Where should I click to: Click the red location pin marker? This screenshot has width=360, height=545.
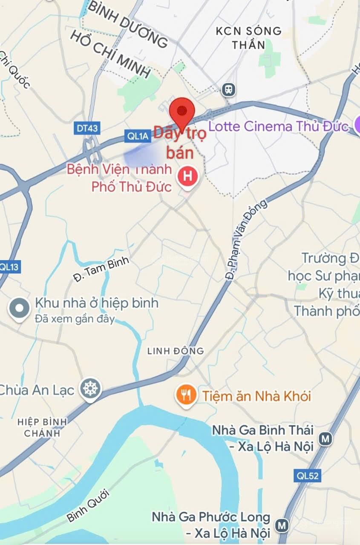[182, 112]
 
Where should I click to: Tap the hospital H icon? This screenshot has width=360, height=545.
[187, 175]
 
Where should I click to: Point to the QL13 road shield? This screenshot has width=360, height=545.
[9, 267]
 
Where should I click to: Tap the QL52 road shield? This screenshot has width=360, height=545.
[307, 476]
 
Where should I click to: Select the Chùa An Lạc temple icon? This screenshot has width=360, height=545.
[91, 389]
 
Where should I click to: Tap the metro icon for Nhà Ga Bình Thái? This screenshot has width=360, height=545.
[326, 439]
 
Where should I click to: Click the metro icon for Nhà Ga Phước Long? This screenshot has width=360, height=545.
[282, 525]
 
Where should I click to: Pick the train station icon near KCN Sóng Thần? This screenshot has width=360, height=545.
[229, 89]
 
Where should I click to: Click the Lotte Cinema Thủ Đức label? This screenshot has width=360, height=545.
[278, 126]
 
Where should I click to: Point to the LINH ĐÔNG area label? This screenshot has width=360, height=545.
[176, 351]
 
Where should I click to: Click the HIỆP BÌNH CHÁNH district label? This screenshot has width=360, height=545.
[42, 427]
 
